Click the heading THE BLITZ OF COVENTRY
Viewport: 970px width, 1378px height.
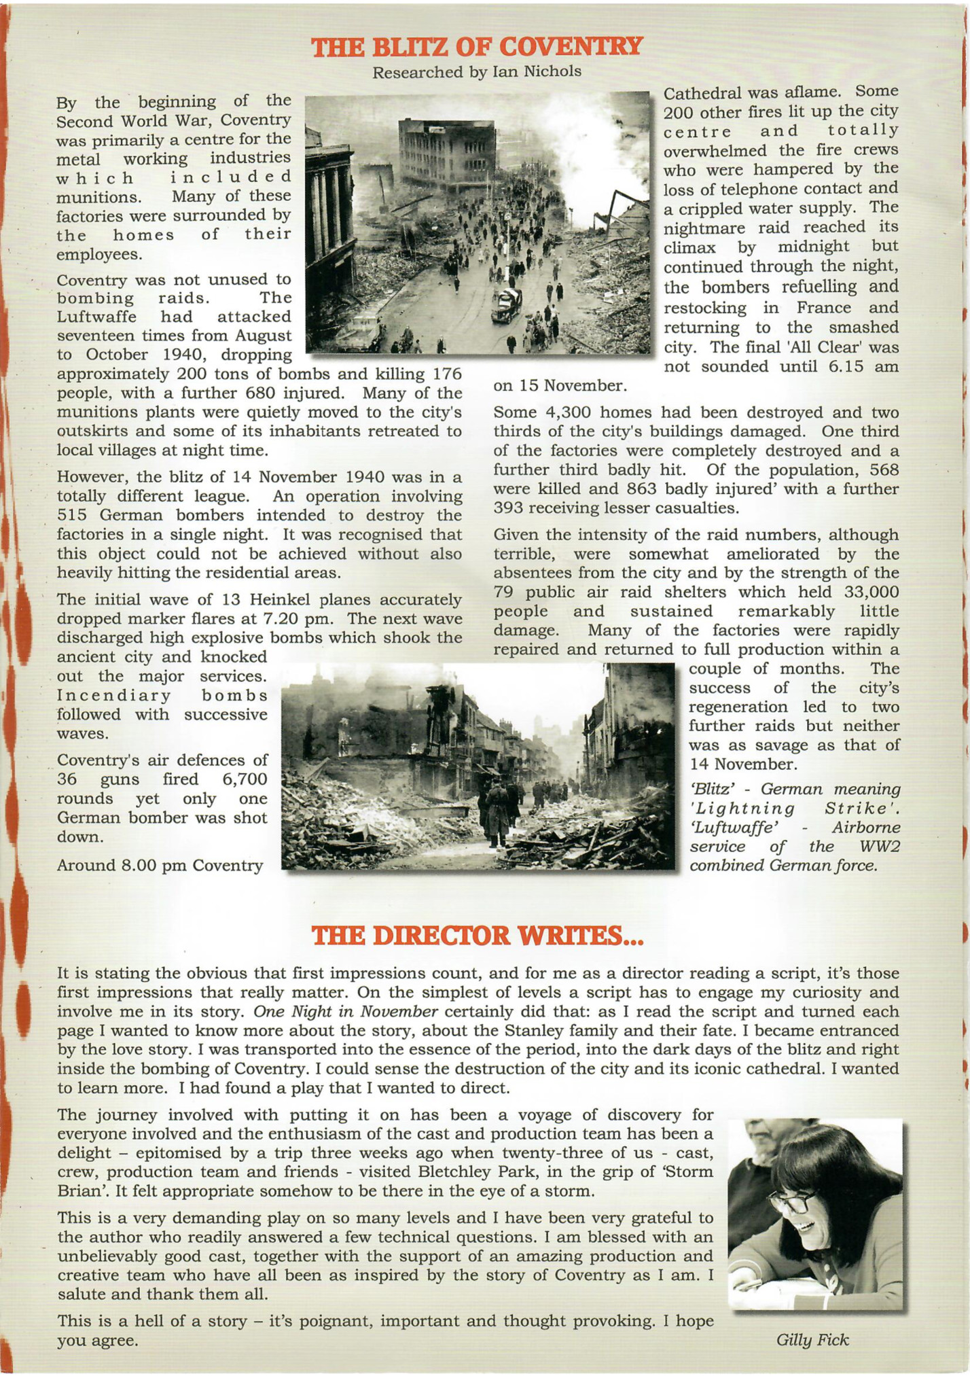(x=477, y=47)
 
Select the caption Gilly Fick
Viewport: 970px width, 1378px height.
(x=812, y=1339)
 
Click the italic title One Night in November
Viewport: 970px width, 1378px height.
(x=346, y=1011)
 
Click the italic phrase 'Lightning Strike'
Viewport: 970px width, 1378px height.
(x=794, y=809)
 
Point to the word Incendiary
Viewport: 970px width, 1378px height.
(x=114, y=695)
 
